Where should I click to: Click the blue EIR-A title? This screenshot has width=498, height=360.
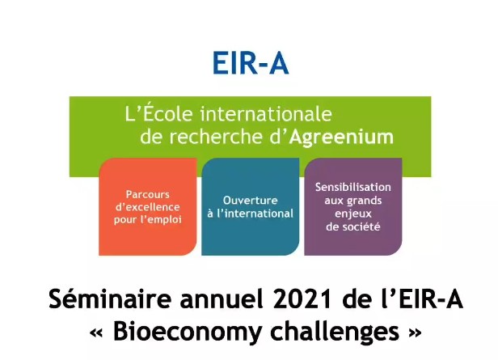(251, 63)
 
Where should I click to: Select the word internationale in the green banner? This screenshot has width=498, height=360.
(266, 114)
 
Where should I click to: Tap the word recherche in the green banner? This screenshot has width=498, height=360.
(216, 137)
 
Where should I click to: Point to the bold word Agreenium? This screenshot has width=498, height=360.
(341, 138)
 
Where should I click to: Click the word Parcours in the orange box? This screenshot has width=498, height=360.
(148, 194)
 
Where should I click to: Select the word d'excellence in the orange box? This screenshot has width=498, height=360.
(148, 207)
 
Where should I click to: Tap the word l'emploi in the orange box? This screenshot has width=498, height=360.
(162, 219)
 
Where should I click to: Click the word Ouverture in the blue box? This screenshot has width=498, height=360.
(251, 200)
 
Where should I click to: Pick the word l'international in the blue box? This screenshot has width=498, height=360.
(255, 214)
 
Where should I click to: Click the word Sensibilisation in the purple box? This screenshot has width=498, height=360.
(352, 187)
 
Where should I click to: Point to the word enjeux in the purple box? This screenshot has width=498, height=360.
(352, 214)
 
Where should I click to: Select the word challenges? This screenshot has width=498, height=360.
(335, 332)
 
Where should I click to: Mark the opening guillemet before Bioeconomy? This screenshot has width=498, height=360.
(97, 333)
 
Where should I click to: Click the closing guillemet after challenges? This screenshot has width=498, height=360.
(415, 333)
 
